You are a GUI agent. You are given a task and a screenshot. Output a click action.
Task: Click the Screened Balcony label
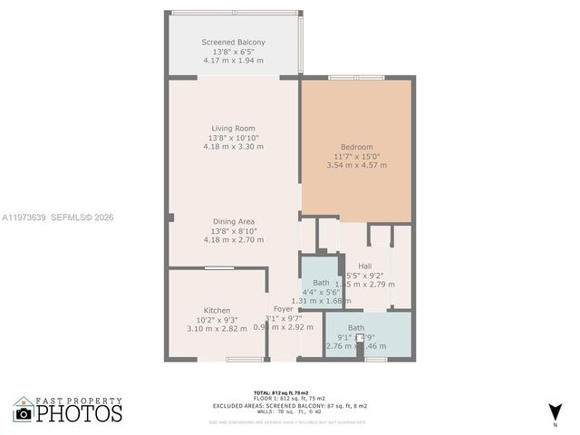point(233,43)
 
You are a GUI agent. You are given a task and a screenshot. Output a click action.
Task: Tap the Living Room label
point(233,128)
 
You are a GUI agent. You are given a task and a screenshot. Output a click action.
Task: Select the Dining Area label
point(233,222)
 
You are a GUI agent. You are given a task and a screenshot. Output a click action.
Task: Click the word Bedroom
point(356,147)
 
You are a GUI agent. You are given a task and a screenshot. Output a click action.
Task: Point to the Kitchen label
point(217,311)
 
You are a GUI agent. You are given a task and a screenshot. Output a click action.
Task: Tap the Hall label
point(364,266)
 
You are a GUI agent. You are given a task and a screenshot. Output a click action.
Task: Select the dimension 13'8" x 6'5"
point(233,52)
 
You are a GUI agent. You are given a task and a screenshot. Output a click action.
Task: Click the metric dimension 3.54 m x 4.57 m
point(356,165)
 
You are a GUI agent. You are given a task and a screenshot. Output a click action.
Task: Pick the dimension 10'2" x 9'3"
point(217,320)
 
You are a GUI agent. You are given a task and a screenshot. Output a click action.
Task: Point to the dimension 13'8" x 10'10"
point(233,137)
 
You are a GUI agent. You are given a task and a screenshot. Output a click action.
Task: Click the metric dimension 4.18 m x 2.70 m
point(233,240)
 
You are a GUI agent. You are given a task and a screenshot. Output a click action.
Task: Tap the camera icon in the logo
point(24,413)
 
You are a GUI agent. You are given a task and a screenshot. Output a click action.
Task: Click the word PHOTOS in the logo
point(80,413)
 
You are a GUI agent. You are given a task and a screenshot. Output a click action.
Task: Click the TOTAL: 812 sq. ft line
point(288,392)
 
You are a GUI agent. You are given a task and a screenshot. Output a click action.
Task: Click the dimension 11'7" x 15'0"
point(356,156)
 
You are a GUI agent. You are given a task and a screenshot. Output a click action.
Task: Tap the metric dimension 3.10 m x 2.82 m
point(217,329)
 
